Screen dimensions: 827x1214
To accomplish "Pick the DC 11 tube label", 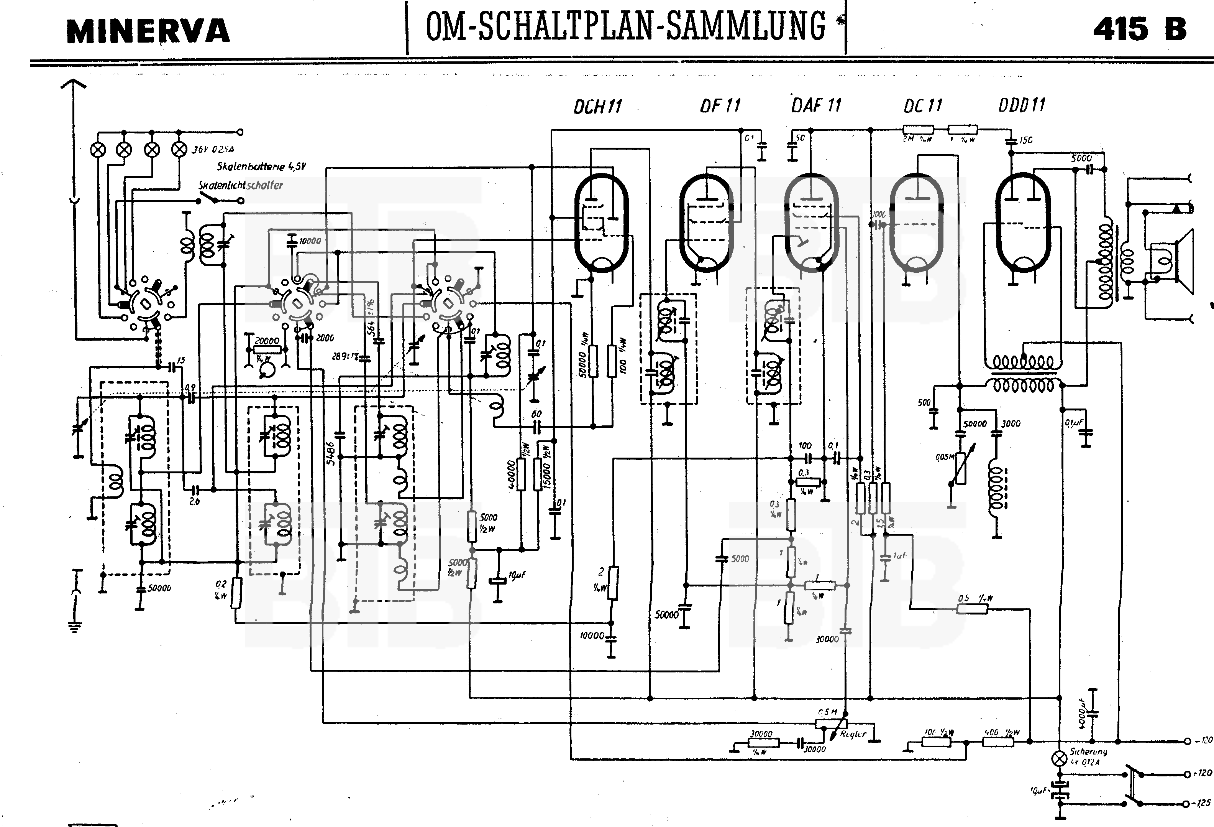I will pos(922,106).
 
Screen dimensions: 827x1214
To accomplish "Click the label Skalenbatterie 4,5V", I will pos(261,167).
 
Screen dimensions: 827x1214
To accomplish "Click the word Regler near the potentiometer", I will pos(853,734).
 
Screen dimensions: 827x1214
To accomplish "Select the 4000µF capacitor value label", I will pos(1081,713).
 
